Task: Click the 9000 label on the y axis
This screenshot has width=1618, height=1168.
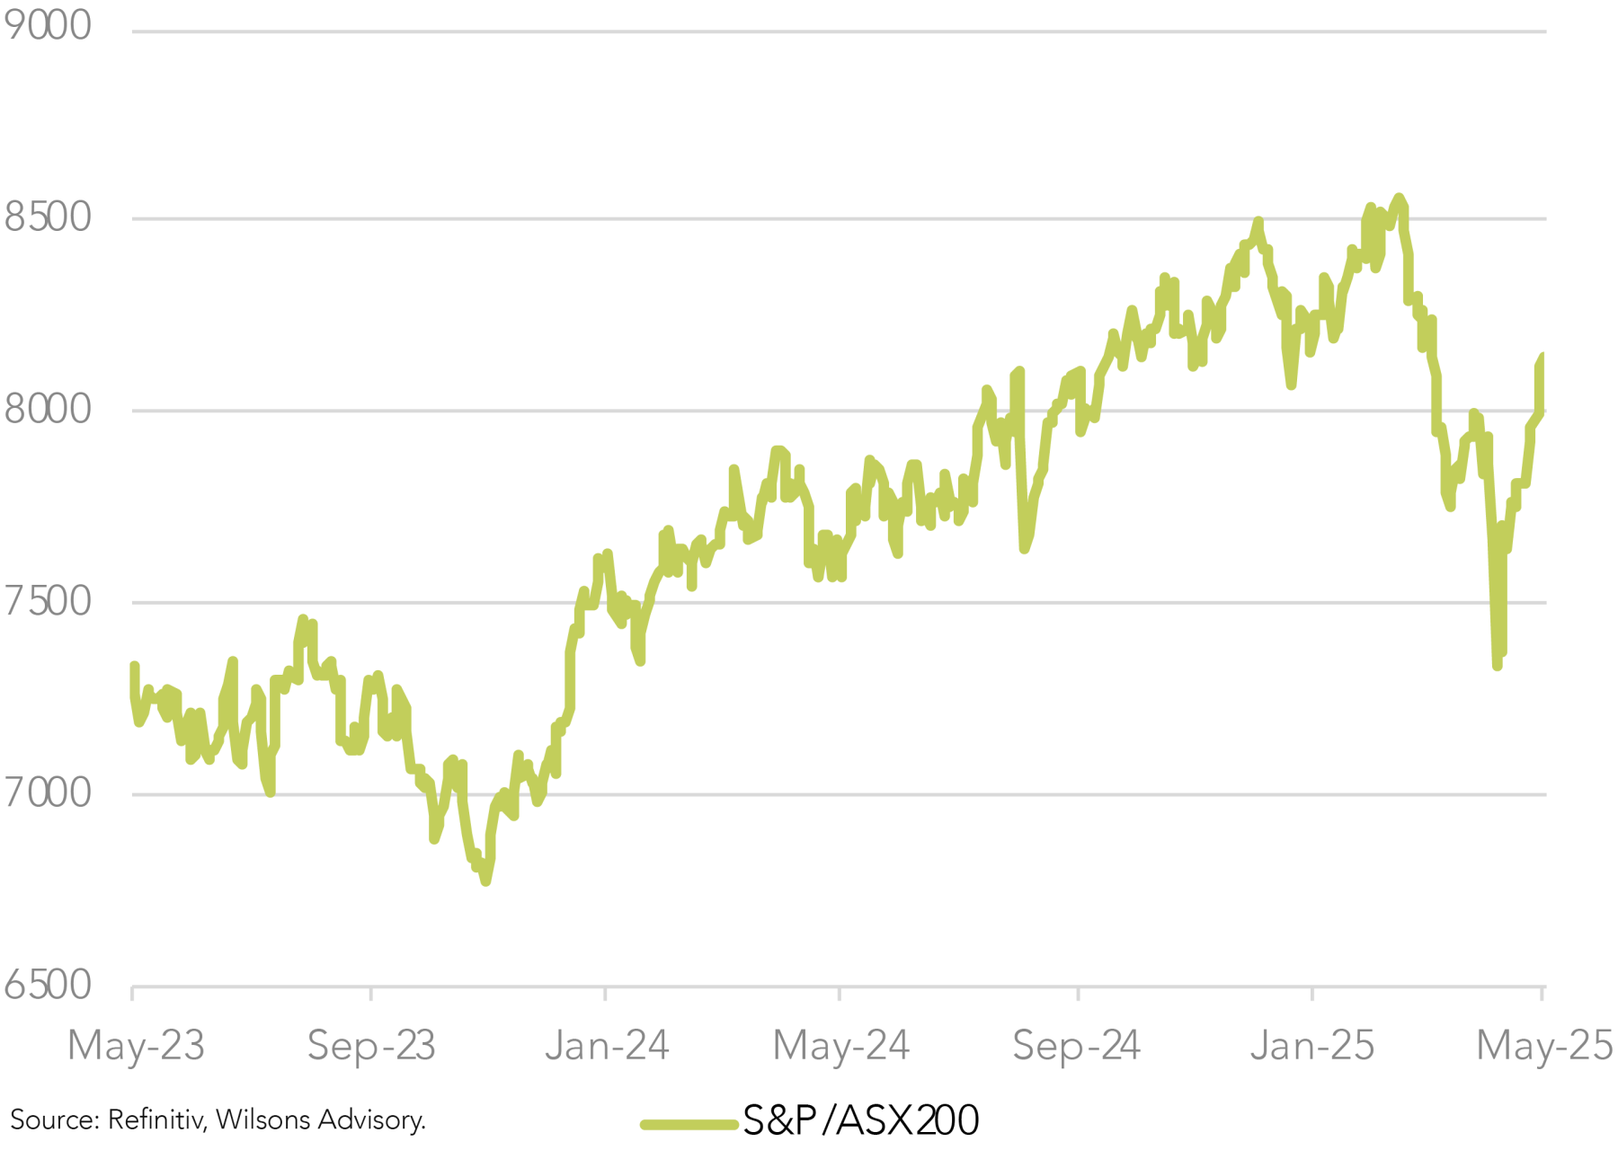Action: [x=47, y=25]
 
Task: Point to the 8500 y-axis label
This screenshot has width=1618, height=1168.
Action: [x=47, y=217]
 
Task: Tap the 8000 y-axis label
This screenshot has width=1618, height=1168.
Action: [x=47, y=410]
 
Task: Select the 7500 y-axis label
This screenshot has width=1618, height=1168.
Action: [x=47, y=601]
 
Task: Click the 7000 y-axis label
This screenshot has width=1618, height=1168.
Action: [x=47, y=793]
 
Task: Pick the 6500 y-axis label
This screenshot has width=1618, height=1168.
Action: [x=47, y=986]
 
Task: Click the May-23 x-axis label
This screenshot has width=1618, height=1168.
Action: [x=136, y=1046]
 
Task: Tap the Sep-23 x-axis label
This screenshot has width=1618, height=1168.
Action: [x=371, y=1046]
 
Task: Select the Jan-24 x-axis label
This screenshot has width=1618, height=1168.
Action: [x=607, y=1046]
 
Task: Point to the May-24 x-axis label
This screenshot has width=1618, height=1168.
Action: [x=840, y=1046]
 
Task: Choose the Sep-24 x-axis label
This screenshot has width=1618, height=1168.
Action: [x=1077, y=1046]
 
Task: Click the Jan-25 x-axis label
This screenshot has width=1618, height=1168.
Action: [x=1312, y=1046]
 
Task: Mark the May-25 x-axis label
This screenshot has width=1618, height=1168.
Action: [x=1544, y=1046]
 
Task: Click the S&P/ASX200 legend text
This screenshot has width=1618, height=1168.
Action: [x=860, y=1120]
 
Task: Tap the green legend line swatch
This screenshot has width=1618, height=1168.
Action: [x=689, y=1124]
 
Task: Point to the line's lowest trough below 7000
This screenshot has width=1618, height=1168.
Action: [x=485, y=880]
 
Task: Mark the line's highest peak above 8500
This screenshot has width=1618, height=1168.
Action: [x=1398, y=198]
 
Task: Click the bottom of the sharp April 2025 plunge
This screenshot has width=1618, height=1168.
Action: [x=1497, y=665]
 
